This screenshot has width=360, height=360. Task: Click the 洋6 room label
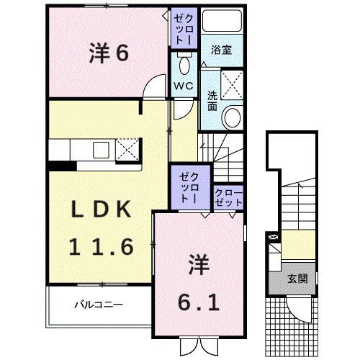tap(109, 53)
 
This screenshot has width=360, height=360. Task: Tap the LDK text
tap(102, 209)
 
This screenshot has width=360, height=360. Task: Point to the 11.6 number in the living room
tap(101, 247)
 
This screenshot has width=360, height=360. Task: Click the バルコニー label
tap(99, 305)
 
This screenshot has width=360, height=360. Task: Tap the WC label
tap(184, 86)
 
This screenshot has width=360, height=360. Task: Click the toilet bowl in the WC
tap(184, 66)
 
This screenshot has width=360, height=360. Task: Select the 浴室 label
tap(221, 50)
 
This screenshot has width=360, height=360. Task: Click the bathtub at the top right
tap(222, 20)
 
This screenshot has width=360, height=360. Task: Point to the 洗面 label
tap(212, 101)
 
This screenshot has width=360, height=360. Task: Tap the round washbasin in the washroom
tap(232, 117)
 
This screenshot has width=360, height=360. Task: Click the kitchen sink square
tap(101, 150)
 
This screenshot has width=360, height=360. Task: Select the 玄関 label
tap(297, 279)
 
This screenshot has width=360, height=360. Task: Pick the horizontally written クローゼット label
tap(229, 198)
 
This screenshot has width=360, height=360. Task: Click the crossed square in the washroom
tap(232, 84)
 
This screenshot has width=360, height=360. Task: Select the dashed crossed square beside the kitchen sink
tap(127, 150)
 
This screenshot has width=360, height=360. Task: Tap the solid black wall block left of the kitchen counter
tap(63, 166)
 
